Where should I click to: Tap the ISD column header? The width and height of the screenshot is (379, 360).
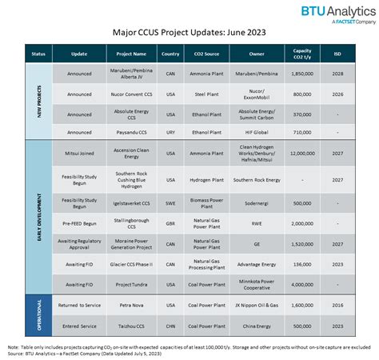click(x=339, y=55)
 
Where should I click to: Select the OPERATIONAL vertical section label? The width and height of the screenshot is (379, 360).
click(x=38, y=315)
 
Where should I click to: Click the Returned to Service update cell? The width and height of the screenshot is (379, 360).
click(x=79, y=304)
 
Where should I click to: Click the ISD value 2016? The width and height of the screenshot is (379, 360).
click(x=339, y=304)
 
